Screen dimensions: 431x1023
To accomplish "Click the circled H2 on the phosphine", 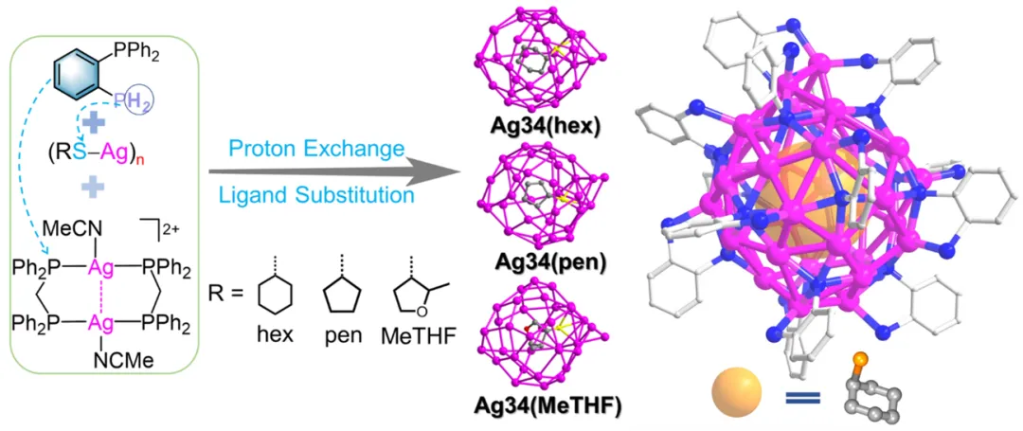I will click(x=139, y=96).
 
